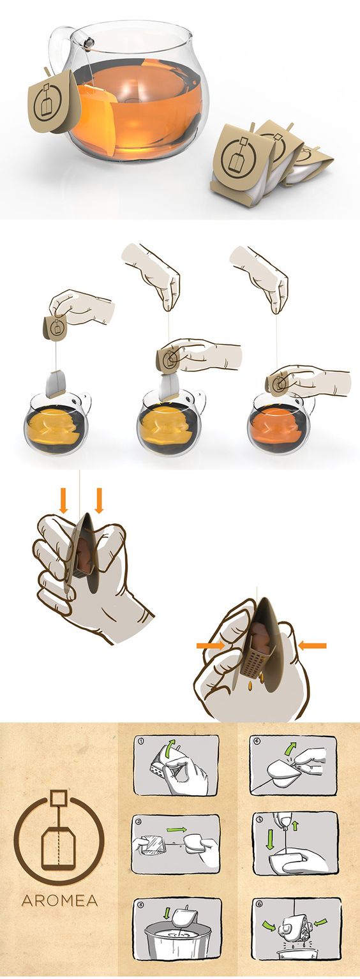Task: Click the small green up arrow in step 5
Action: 295,825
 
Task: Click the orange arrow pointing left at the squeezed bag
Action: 312,645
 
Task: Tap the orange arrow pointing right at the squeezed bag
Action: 211,645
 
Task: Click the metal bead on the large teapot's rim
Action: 89,42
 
